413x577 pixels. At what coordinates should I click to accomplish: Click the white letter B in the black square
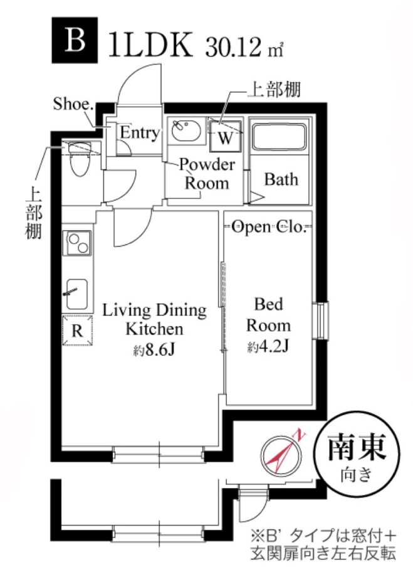[x=75, y=40]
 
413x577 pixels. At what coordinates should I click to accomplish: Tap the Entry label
[x=140, y=133]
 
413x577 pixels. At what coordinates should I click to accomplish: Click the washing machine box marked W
[x=226, y=137]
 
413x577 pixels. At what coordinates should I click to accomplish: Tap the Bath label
[x=281, y=179]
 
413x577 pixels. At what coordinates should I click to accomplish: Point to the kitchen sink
[x=77, y=294]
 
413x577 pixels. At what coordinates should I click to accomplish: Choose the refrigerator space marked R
[x=77, y=330]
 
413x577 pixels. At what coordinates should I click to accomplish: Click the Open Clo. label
[x=269, y=226]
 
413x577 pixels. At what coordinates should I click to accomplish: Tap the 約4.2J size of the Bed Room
[x=268, y=347]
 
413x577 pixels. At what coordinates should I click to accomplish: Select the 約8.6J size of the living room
[x=154, y=351]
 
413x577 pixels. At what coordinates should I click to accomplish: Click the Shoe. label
[x=73, y=103]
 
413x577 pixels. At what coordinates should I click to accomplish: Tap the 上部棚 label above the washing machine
[x=274, y=89]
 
